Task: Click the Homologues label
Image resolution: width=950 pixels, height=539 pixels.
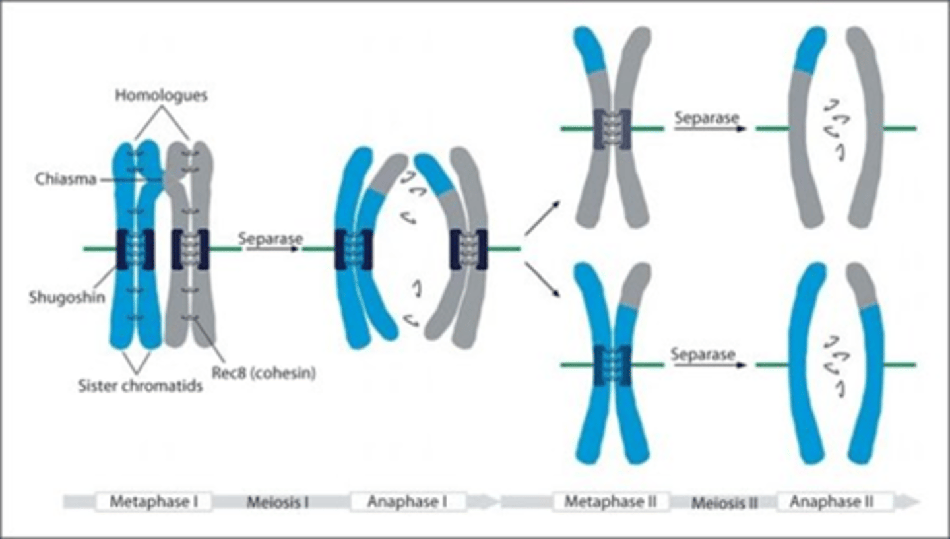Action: pyautogui.click(x=161, y=96)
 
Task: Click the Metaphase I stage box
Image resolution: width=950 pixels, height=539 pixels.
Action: pyautogui.click(x=154, y=501)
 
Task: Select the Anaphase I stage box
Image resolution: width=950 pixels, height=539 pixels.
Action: pyautogui.click(x=408, y=501)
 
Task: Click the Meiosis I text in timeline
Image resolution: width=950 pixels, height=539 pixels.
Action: pyautogui.click(x=278, y=502)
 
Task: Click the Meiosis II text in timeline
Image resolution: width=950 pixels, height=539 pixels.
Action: pyautogui.click(x=723, y=502)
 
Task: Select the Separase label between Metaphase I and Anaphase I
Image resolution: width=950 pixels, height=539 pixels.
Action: pyautogui.click(x=270, y=238)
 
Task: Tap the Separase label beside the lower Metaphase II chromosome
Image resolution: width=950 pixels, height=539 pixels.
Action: pyautogui.click(x=703, y=354)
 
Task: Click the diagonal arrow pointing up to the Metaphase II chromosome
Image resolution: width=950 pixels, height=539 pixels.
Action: pyautogui.click(x=543, y=218)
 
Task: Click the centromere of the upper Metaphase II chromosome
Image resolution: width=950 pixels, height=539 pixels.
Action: pyautogui.click(x=612, y=128)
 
